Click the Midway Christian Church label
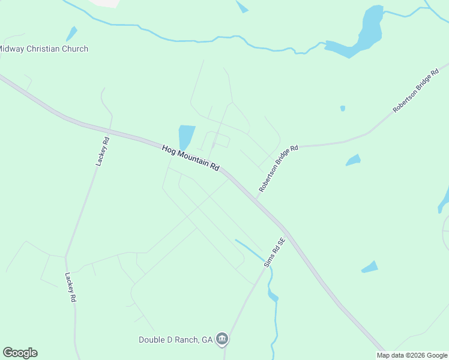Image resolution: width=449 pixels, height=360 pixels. pyautogui.click(x=44, y=49)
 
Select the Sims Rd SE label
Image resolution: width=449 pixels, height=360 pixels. pyautogui.click(x=275, y=252)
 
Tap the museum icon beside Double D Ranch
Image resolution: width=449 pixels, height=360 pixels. pyautogui.click(x=222, y=339)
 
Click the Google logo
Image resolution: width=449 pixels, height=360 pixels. pyautogui.click(x=20, y=353)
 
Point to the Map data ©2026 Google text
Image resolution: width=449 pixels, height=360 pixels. pyautogui.click(x=412, y=355)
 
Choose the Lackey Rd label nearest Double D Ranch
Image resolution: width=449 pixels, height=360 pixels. pyautogui.click(x=71, y=288)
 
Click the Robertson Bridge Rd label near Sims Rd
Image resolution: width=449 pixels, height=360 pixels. pyautogui.click(x=279, y=169)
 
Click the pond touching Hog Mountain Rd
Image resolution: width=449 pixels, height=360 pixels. pyautogui.click(x=186, y=136)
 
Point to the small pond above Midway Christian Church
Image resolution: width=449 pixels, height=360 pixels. pyautogui.click(x=71, y=33)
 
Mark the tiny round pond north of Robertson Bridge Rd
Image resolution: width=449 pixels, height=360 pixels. pyautogui.click(x=343, y=109)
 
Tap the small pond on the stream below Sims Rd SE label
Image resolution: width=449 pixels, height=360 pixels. pyautogui.click(x=273, y=296)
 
